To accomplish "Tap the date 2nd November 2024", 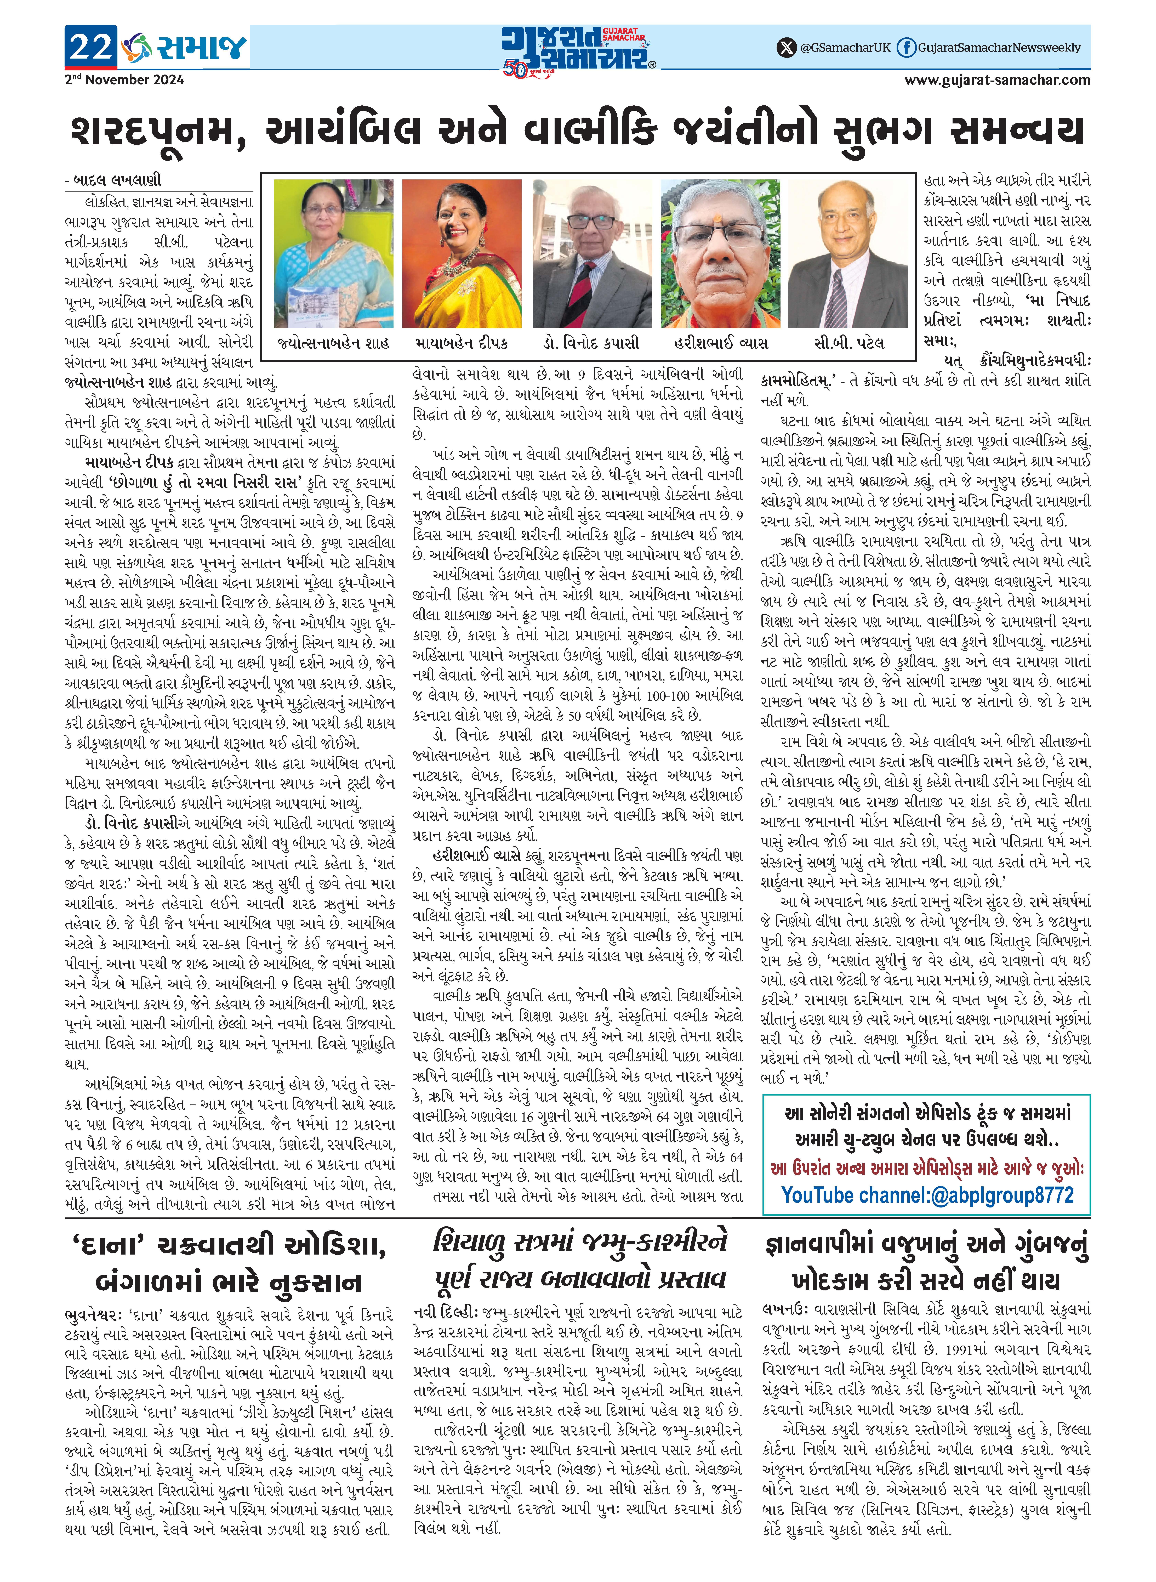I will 124,80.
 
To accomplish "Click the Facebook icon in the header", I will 906,48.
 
